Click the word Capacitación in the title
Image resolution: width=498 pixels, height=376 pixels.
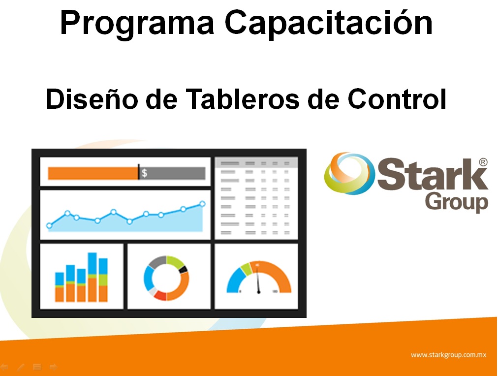tap(329, 22)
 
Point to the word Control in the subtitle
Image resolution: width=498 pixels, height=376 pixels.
tap(397, 99)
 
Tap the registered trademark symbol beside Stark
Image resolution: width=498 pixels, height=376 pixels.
tap(483, 162)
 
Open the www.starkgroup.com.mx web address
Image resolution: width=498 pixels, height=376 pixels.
tap(448, 355)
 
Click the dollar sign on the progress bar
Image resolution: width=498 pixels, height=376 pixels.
tap(144, 173)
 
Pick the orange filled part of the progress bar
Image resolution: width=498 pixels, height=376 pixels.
tap(93, 173)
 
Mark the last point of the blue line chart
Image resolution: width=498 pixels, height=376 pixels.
tap(202, 204)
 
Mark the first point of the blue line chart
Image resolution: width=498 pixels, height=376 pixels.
tap(49, 226)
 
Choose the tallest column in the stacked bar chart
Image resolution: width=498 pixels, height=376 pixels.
tap(93, 277)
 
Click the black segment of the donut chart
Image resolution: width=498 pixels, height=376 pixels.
tap(183, 270)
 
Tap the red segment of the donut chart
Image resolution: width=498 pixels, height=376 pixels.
tap(160, 295)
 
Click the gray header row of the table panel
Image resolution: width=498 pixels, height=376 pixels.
tap(256, 163)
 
